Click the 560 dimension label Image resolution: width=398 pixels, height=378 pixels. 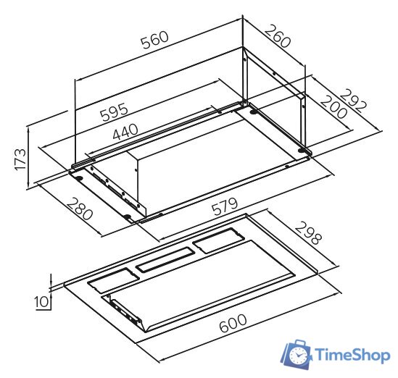[155, 40]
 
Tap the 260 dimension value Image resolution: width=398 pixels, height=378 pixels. [278, 36]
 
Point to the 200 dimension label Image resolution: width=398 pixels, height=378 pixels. [333, 106]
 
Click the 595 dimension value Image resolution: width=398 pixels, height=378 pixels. [114, 112]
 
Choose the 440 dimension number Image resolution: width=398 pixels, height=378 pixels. [125, 132]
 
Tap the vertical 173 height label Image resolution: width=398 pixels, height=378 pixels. [20, 160]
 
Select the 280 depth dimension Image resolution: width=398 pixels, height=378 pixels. [80, 209]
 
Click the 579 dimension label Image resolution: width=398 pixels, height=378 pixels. [225, 206]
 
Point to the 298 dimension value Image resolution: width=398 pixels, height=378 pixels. [309, 233]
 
